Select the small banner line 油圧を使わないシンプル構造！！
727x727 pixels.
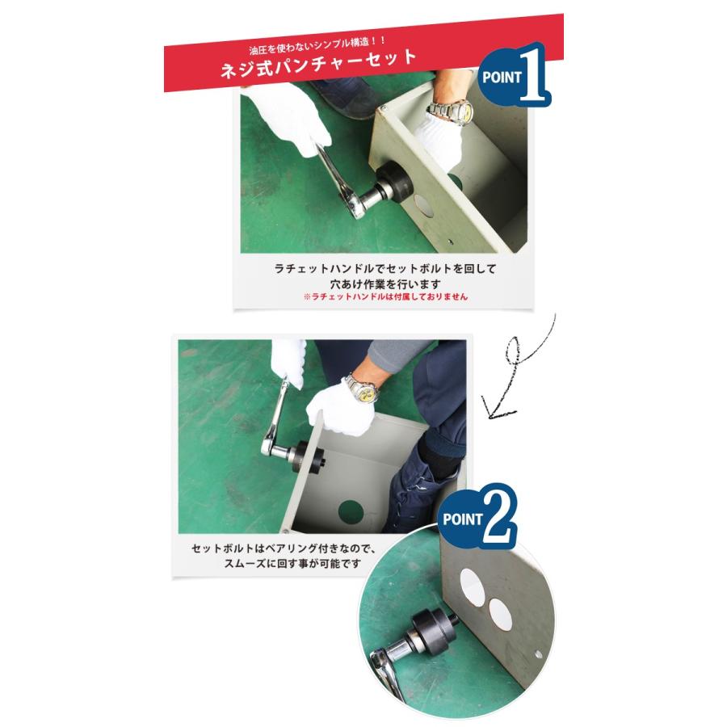(x=317, y=44)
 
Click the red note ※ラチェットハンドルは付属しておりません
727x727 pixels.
(x=385, y=296)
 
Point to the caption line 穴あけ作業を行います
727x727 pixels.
(x=385, y=284)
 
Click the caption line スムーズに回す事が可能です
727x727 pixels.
(x=292, y=563)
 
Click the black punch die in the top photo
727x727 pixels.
(x=393, y=183)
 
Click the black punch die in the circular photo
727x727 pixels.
(x=434, y=632)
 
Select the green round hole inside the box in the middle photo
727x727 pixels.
(x=351, y=512)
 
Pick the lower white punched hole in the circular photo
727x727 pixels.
(x=501, y=614)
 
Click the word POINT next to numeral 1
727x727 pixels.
(x=502, y=77)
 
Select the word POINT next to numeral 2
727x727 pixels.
(x=463, y=519)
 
